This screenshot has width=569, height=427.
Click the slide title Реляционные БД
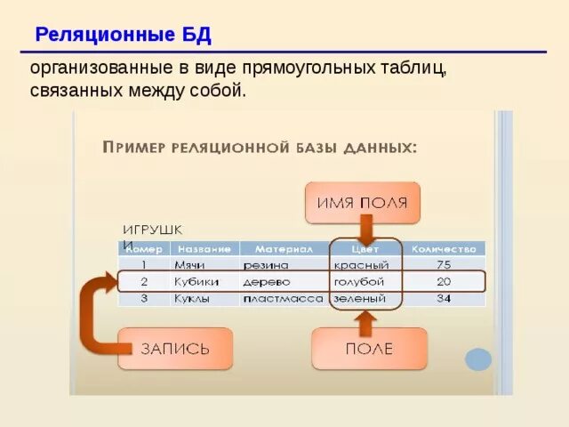[x=123, y=36]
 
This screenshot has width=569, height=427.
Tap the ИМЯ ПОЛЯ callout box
[x=362, y=203]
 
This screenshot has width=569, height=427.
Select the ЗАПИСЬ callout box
[x=175, y=349]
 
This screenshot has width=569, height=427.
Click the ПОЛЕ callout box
[x=368, y=349]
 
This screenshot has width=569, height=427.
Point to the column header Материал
[x=284, y=249]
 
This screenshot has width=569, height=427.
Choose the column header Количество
[x=444, y=249]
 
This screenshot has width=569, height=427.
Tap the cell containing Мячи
[x=190, y=265]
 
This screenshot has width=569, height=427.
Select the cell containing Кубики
[x=197, y=282]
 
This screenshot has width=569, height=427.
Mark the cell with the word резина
[x=266, y=265]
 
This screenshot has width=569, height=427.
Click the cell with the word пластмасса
[x=283, y=299]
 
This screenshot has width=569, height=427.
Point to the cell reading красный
[x=361, y=265]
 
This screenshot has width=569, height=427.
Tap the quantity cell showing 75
[x=444, y=265]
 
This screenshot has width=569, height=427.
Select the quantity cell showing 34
[x=444, y=299]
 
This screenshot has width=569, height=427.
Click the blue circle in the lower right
[x=478, y=359]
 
